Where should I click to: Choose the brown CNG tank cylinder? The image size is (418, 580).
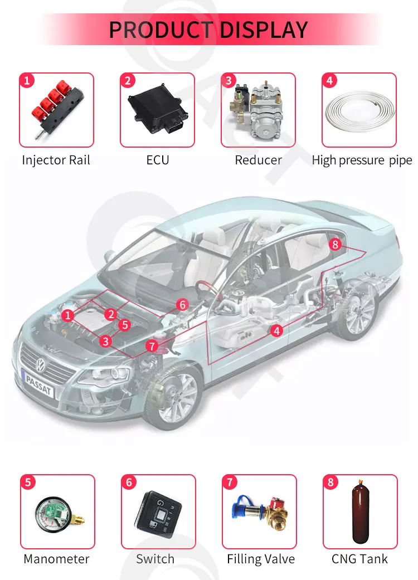coord(359,513)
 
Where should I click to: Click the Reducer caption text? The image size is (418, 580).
coord(258,160)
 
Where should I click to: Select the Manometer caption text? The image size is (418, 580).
coord(56,559)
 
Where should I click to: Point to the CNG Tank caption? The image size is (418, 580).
coord(359,559)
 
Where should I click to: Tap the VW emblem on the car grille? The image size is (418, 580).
coord(41,365)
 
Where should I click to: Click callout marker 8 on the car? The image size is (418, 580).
coord(334,244)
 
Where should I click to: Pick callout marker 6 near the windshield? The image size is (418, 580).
coord(182,304)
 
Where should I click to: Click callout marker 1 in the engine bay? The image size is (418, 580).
coord(68,316)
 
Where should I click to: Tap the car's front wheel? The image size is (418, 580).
coord(175,393)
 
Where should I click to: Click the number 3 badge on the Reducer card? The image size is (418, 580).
coord(228,81)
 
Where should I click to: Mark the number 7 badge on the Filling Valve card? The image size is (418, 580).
coord(230,482)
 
